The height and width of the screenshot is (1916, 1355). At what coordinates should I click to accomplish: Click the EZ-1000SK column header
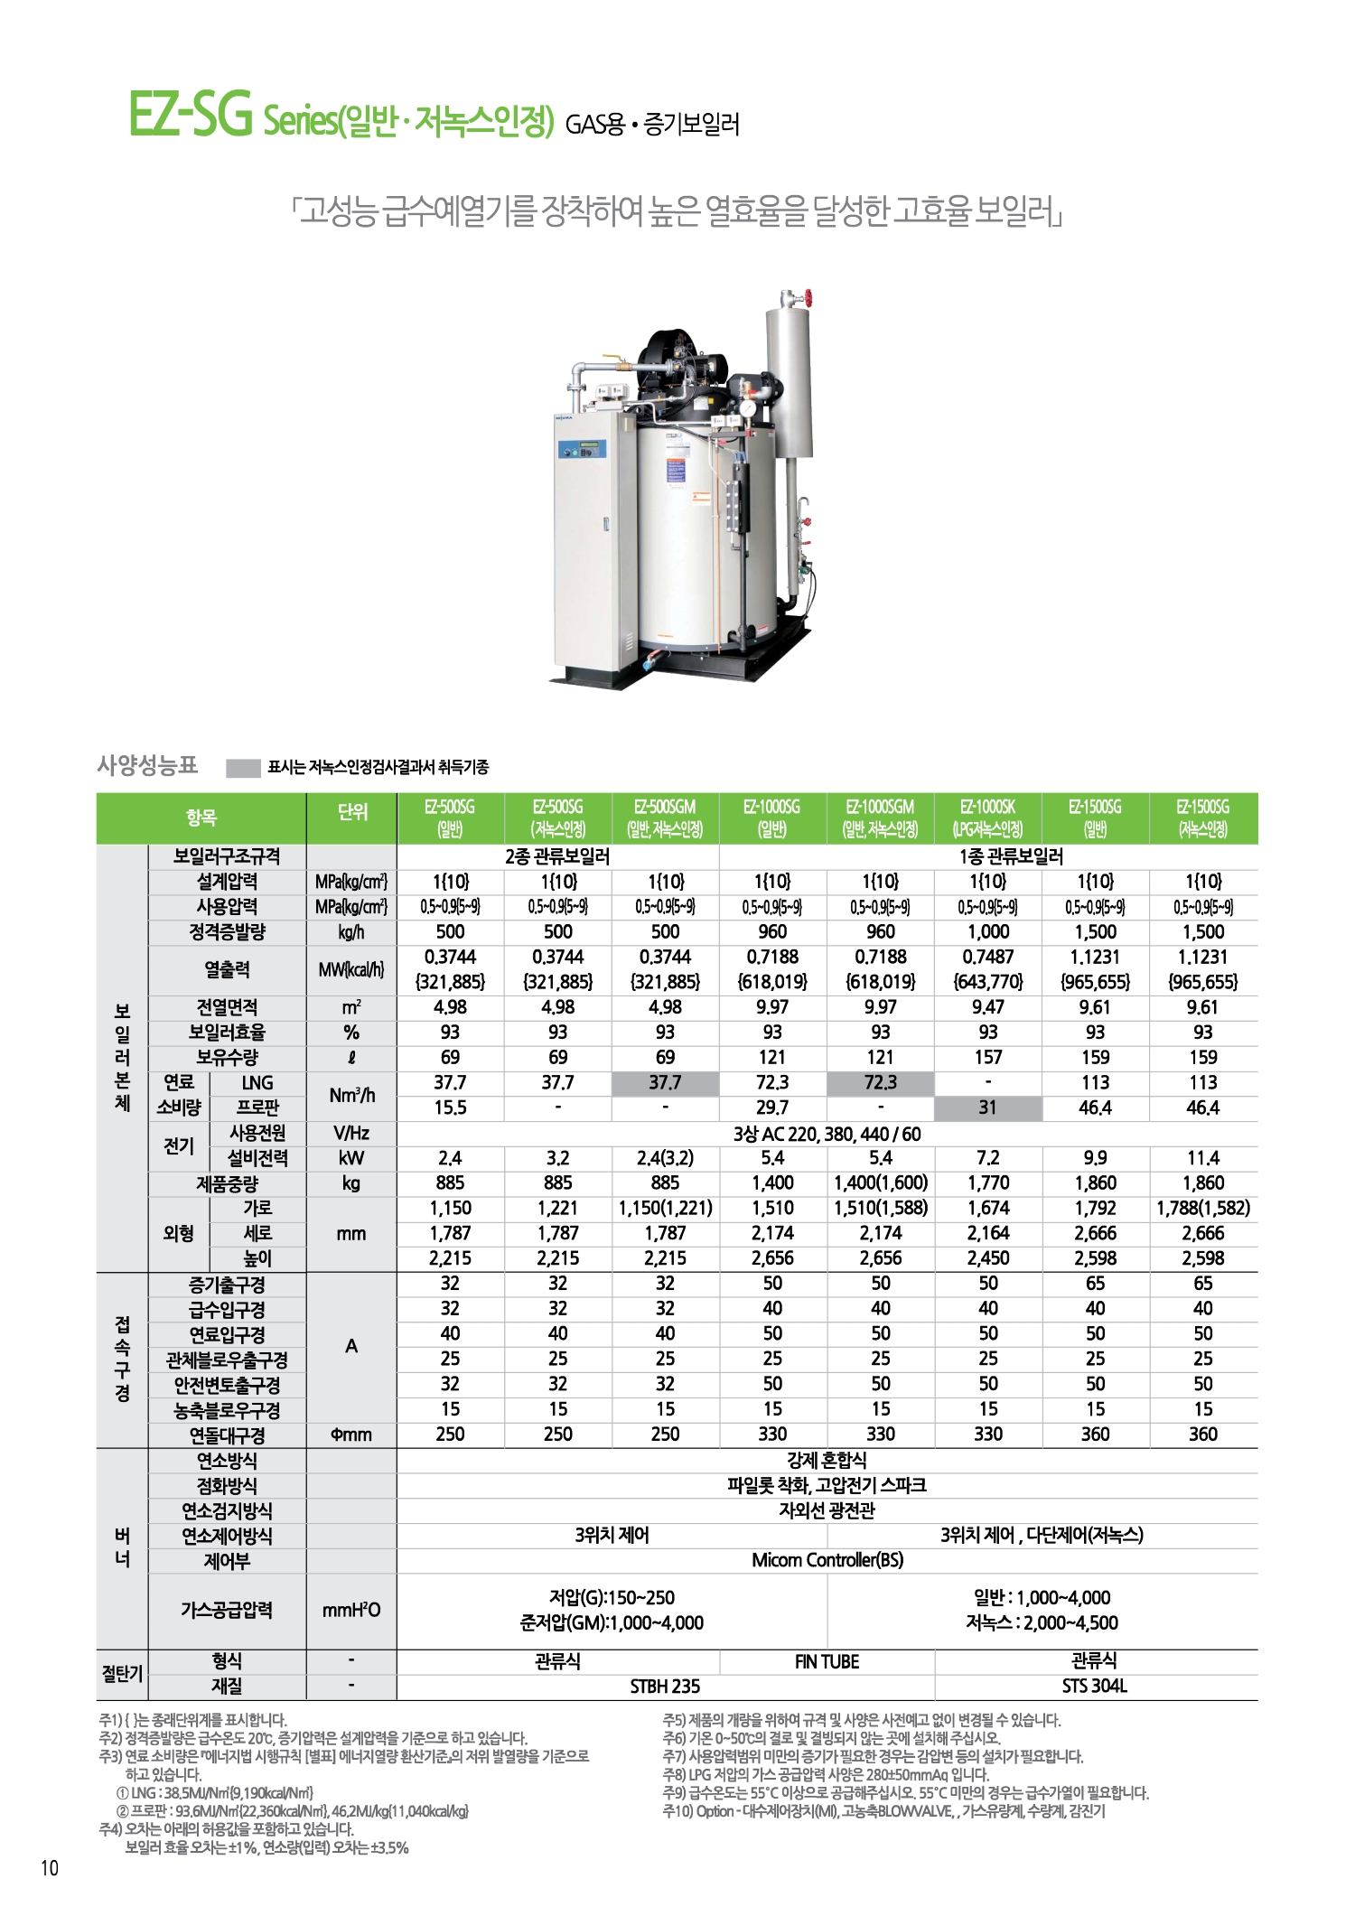coord(988,818)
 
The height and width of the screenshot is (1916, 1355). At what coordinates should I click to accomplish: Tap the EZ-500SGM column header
coord(665,818)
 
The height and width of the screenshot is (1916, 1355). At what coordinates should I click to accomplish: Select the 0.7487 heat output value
coord(988,957)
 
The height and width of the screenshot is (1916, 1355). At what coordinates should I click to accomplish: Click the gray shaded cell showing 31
coord(988,1108)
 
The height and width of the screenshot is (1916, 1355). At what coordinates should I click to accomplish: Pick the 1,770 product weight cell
coord(988,1182)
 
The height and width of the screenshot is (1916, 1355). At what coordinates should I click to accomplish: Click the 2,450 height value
coord(988,1258)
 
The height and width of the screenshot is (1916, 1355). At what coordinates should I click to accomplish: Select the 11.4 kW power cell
coord(1202,1158)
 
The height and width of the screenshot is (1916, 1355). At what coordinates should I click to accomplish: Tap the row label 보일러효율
coord(227,1033)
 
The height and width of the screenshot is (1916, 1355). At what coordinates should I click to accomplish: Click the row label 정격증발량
coord(227,931)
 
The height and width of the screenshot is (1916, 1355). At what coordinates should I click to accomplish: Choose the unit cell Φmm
coord(351,1435)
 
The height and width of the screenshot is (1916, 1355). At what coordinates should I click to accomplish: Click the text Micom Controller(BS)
coord(827,1560)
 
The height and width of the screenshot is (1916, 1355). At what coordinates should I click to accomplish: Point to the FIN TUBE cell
coord(827,1661)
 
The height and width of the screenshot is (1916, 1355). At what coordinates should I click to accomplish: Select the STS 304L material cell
coord(1095,1686)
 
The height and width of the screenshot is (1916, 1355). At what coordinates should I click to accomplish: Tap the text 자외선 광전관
coord(827,1510)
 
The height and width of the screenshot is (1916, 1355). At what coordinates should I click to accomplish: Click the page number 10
coord(50,1868)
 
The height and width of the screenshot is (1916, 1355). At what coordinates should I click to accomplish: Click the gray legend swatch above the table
coord(243,768)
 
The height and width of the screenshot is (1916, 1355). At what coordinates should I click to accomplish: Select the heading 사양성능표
coord(147,766)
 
